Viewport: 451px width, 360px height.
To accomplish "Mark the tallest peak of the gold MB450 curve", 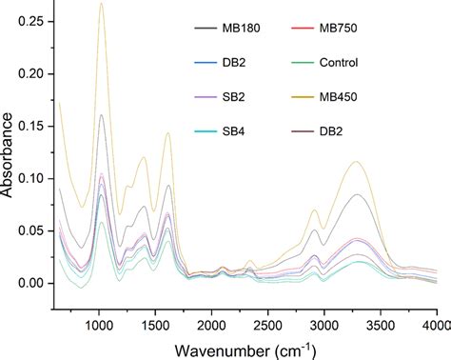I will [x=101, y=4].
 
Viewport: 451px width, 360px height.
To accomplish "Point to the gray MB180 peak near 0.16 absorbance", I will [x=101, y=115].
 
